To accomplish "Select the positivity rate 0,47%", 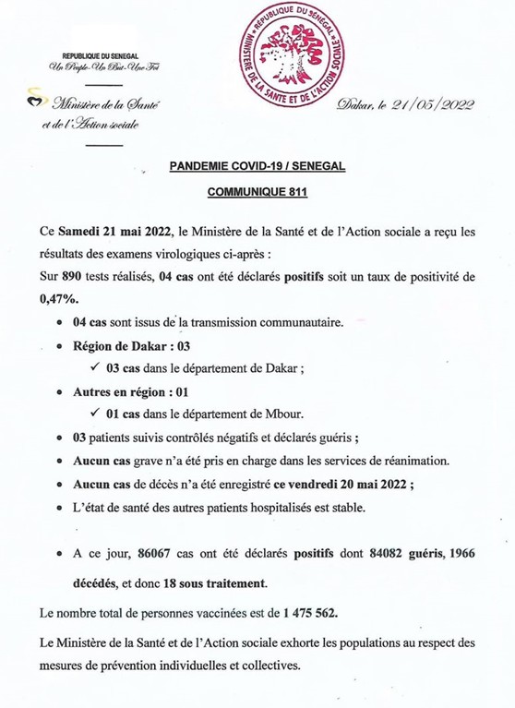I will [x=60, y=298].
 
